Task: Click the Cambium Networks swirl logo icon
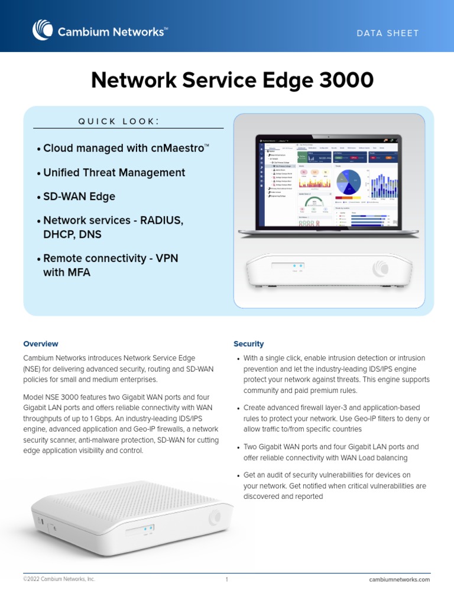pos(43,30)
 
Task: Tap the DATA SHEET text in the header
pos(387,33)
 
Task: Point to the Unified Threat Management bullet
pos(114,173)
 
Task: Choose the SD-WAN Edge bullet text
pos(79,196)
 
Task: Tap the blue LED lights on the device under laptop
pos(298,266)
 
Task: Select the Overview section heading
pos(41,344)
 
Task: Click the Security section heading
pos(248,344)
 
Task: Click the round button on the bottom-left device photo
pos(213,518)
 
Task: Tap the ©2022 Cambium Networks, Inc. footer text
pos(59,579)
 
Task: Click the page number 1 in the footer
pos(226,579)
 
